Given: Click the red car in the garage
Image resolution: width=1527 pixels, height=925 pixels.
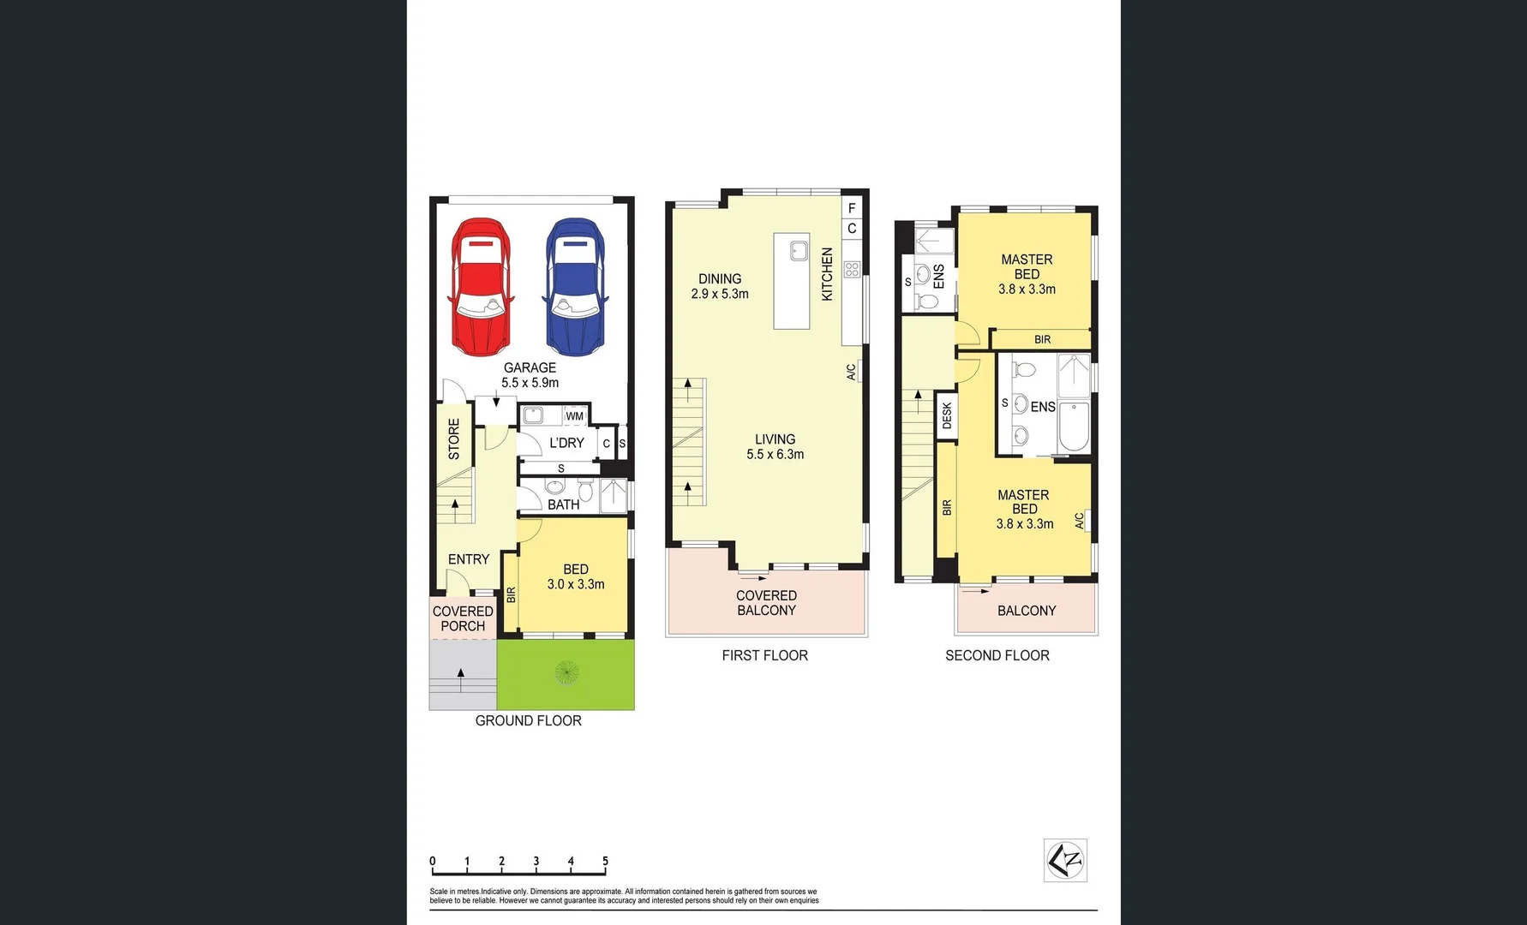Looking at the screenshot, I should pos(481,287).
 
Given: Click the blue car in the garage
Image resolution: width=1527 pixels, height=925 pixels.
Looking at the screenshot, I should pos(575,287).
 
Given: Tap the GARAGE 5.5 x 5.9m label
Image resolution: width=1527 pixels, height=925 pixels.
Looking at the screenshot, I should pos(530,375).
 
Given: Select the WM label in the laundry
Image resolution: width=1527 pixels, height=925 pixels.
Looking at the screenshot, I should pos(574,416).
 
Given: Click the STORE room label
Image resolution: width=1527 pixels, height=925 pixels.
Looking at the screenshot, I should pos(454,439).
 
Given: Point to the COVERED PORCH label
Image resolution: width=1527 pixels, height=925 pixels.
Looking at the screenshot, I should pos(463,618).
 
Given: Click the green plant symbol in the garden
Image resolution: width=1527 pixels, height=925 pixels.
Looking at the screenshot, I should pos(566,673).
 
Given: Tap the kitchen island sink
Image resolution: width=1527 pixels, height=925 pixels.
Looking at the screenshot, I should pos(799,250).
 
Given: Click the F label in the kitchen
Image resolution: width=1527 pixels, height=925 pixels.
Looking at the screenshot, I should pos(852,208).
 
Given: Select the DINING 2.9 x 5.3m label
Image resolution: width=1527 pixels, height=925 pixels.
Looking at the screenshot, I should pos(720,286).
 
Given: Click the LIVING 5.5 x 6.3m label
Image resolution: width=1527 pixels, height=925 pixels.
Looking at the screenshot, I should pos(775,446).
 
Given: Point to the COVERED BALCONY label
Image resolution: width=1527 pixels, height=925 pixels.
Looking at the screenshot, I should pos(766,603).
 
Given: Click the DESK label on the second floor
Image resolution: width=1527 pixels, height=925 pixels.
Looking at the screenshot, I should pos(947,416).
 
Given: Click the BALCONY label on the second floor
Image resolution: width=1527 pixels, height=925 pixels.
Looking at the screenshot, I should pos(1026,611).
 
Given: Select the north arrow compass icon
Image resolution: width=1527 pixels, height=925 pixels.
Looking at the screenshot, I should pos(1065,860).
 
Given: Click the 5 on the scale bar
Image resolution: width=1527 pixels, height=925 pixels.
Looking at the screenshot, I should pos(605,862).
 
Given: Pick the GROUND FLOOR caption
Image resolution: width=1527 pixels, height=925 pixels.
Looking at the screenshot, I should pos(528,721).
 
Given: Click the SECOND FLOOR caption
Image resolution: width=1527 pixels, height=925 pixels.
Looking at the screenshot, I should pos(997,655).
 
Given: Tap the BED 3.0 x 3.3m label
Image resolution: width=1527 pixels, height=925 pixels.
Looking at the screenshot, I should pos(576,576).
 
